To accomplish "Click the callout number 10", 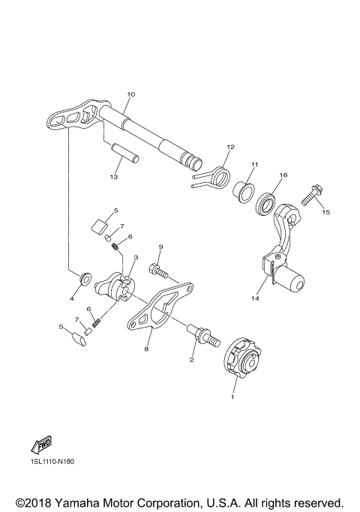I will [x=130, y=94].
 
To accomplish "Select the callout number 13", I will [x=114, y=177].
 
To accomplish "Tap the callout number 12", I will [x=231, y=146].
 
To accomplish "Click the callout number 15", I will [x=326, y=212].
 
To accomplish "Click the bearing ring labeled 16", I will [x=267, y=204].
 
